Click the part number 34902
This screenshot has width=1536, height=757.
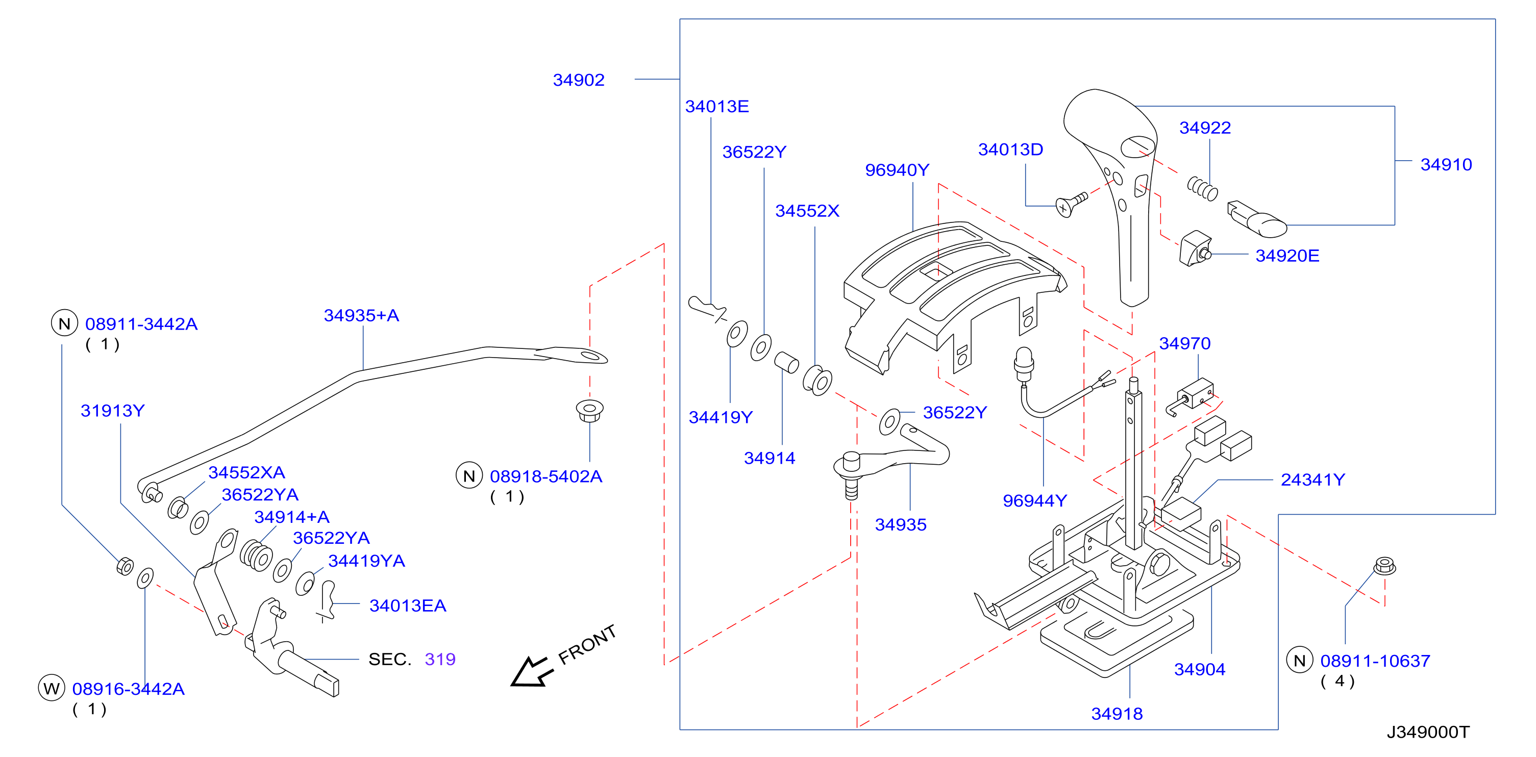point(578,80)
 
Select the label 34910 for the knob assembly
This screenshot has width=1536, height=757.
point(1446,165)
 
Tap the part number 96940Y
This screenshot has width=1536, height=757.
point(897,170)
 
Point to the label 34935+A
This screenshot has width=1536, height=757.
point(361,315)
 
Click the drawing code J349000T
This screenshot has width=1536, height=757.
point(1428,732)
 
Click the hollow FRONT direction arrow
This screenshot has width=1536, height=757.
point(531,672)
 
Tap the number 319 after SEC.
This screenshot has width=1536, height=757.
point(440,659)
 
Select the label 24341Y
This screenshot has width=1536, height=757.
point(1313,480)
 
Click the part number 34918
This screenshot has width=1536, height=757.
point(1117,714)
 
